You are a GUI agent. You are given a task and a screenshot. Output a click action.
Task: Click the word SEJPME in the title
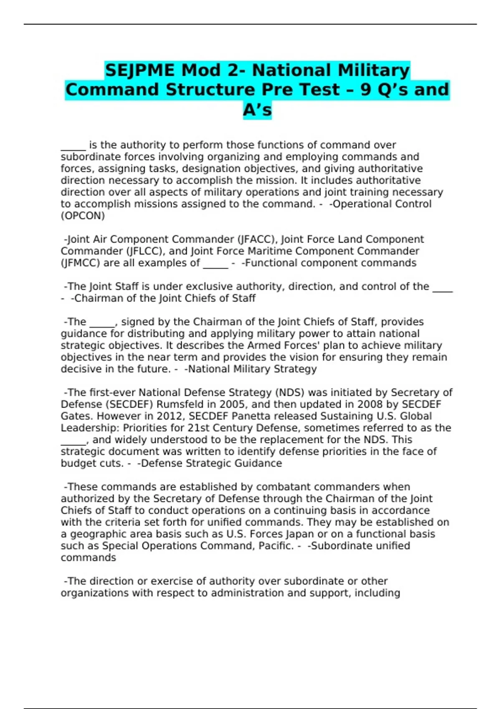pos(139,70)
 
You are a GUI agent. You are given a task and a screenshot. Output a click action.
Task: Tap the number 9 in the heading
pos(365,90)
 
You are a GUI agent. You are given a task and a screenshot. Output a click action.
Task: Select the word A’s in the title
pos(257,110)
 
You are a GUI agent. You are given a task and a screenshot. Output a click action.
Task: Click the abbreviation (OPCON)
pos(83,216)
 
